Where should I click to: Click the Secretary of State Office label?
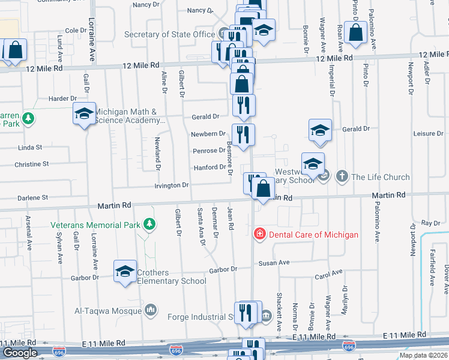tap(169, 34)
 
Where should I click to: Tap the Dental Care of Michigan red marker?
tap(260, 234)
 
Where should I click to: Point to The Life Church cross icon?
tap(342, 176)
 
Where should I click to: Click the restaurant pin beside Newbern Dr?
tap(243, 134)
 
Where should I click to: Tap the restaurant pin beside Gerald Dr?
tap(244, 106)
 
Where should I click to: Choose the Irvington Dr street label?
tap(172, 185)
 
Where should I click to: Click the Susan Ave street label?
tap(274, 263)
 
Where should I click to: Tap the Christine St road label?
tap(31, 164)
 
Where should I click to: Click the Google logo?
tap(19, 353)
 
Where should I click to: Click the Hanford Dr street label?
tap(209, 168)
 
